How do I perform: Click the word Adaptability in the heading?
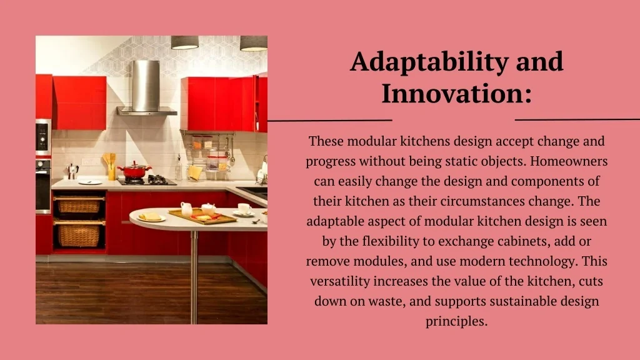[429, 62]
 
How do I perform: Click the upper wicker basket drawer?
[79, 205]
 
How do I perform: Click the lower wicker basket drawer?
[79, 234]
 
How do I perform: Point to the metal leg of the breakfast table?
[194, 277]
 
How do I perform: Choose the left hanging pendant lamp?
[184, 42]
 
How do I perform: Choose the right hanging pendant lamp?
[254, 44]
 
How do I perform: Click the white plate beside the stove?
[90, 182]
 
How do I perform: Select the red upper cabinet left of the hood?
[79, 103]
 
